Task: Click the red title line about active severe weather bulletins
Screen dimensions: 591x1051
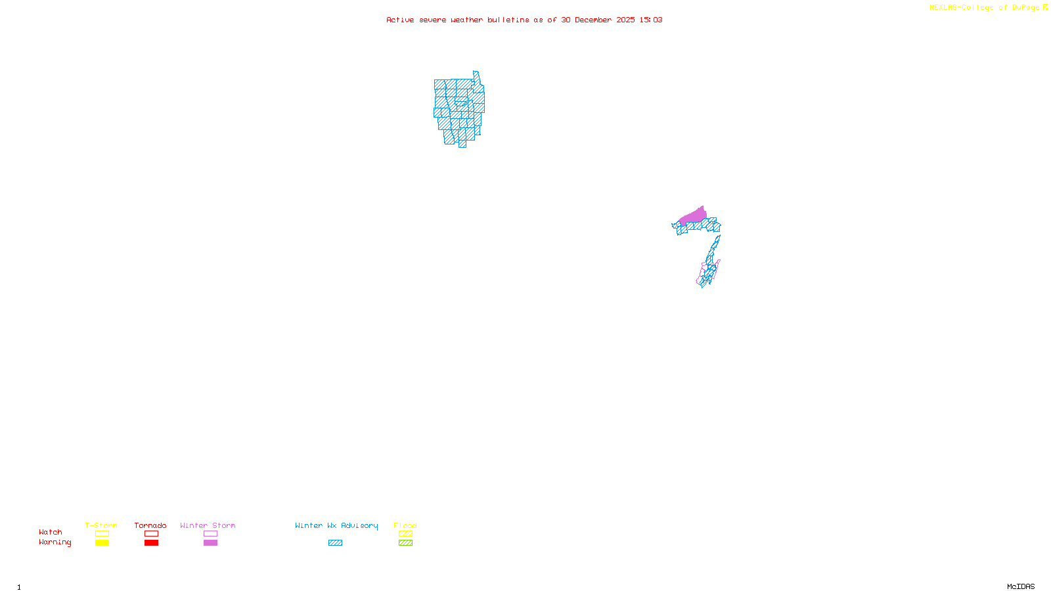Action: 524,20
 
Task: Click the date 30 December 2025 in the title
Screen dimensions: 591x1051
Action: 598,20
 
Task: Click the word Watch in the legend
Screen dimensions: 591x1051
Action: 51,533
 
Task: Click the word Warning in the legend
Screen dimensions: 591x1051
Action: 55,542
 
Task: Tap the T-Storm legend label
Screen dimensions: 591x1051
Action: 101,525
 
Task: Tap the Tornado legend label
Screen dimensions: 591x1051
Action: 150,525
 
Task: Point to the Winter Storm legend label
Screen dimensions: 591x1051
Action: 208,525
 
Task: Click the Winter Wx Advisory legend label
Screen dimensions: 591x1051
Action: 336,525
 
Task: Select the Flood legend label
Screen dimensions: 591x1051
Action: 405,525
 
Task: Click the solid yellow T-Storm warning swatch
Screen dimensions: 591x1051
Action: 102,543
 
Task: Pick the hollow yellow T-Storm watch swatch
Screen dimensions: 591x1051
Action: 102,534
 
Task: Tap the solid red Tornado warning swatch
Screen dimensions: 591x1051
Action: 152,543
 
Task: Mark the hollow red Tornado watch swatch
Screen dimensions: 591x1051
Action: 152,534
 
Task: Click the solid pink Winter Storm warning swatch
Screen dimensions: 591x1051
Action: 210,543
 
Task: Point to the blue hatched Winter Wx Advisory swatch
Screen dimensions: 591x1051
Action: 335,543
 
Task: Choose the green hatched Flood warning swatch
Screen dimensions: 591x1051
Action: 405,543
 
